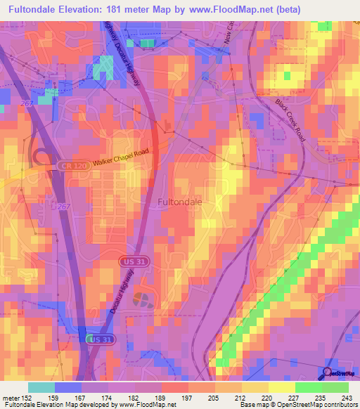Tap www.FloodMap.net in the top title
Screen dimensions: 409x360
(x=222, y=10)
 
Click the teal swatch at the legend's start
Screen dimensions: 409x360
(x=41, y=387)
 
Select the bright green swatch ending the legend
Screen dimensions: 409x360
(x=335, y=387)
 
